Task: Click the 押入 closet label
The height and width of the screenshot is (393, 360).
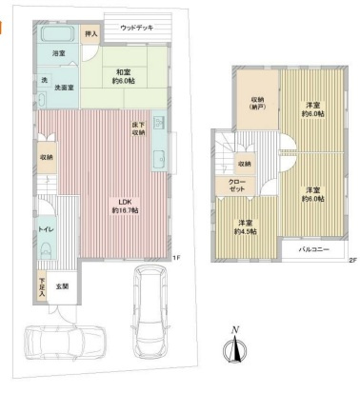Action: click(90, 35)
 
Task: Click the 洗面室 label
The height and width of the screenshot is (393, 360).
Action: click(65, 88)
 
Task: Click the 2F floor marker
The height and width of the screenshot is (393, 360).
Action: click(351, 261)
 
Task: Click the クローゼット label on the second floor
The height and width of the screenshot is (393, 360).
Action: click(236, 187)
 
